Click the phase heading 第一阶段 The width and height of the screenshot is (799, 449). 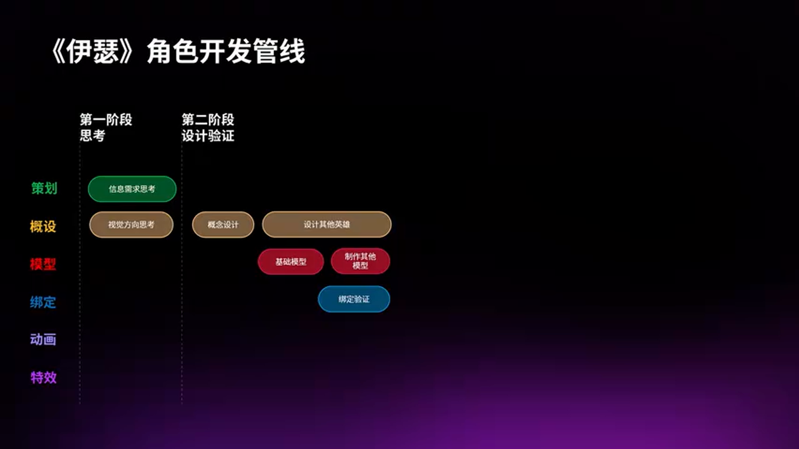(105, 120)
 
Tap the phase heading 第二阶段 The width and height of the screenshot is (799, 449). (208, 120)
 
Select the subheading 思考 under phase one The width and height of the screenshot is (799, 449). (92, 135)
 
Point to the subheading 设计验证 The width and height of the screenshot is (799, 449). (208, 135)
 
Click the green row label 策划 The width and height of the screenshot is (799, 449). (44, 188)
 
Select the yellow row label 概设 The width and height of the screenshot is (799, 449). (43, 226)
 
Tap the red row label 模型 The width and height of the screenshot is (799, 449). (43, 264)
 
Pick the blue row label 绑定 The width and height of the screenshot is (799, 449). (43, 302)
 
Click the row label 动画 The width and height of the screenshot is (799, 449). (43, 340)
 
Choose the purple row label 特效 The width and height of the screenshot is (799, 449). (44, 377)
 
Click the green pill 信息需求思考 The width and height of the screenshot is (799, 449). (132, 189)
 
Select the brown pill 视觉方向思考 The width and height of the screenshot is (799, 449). (131, 224)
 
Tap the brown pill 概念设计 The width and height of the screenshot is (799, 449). (223, 224)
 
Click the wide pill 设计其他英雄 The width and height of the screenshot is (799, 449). (326, 224)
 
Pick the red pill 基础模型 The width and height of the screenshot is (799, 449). (291, 262)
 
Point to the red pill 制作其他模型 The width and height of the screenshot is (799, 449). (360, 261)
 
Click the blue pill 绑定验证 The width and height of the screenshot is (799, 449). (354, 299)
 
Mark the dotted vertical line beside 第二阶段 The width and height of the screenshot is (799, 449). (182, 281)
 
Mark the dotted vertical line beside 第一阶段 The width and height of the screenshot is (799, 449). (80, 281)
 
